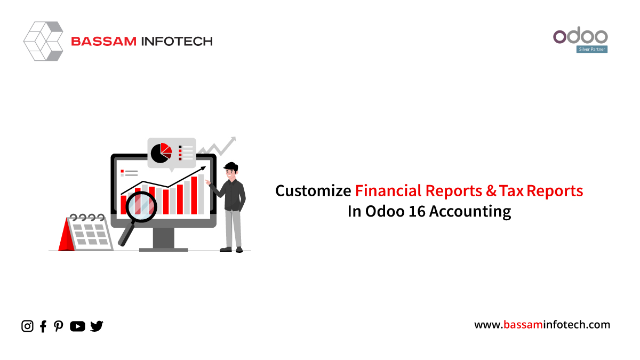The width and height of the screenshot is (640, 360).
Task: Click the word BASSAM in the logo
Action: coord(103,42)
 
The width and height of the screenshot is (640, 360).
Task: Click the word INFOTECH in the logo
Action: coord(177,42)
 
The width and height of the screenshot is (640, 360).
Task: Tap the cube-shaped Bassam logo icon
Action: coord(43,41)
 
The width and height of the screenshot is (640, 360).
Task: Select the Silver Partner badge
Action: coord(591,49)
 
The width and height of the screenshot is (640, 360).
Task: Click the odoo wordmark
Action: coord(580,35)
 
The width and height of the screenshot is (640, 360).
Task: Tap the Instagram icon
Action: coord(27,326)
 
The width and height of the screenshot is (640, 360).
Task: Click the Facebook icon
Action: coord(43,326)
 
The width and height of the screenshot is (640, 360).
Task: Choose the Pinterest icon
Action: coord(59,326)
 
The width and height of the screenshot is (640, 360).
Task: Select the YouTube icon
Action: coord(77,326)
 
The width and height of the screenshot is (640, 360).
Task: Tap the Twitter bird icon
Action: coord(97,326)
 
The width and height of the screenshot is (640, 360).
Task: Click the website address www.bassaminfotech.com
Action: coord(542,325)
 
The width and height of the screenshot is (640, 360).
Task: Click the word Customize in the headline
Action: coord(313,191)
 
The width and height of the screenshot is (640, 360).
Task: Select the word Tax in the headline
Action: coord(511,191)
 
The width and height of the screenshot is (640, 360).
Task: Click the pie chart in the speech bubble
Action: coord(161,153)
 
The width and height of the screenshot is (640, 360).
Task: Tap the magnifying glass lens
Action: coord(141,207)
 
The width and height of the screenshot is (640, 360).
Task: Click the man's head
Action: coord(231,171)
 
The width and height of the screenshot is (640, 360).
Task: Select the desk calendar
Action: coord(86,233)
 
